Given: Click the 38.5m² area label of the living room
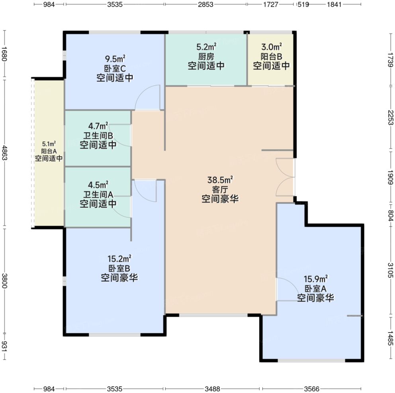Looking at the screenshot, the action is coord(220,180).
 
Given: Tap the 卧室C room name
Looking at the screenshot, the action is coord(115,68).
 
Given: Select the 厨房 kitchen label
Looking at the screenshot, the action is coord(206,56).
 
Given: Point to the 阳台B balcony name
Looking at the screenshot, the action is coord(271,56).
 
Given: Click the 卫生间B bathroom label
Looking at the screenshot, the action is coord(98,136).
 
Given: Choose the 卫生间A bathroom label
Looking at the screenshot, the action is coord(98,194).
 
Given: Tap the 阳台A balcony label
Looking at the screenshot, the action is coord(49,151).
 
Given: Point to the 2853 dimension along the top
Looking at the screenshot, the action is coord(205,4).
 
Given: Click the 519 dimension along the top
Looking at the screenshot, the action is coord(303,4).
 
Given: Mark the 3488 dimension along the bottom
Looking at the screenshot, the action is coord(212,389).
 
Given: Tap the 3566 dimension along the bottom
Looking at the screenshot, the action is coord(312,389).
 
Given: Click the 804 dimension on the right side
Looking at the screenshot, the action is coord(391,216).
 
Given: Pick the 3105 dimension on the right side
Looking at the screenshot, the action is coord(391,270).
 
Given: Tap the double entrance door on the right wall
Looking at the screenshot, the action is coord(285,177).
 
